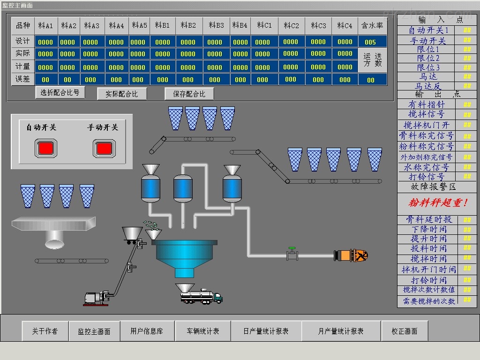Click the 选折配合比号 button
tap(60, 92)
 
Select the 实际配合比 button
tap(122, 94)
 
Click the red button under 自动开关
tap(45, 148)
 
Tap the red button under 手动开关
tap(103, 148)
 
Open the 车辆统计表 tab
tap(203, 331)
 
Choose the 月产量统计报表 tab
tap(341, 331)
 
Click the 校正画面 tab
tap(405, 331)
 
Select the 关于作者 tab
tap(45, 331)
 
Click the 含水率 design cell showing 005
tap(371, 42)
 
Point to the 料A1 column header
tap(45, 25)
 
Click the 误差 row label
tap(22, 79)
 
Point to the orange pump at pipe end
tap(351, 255)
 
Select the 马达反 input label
tap(428, 86)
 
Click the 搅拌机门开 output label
tap(426, 125)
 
